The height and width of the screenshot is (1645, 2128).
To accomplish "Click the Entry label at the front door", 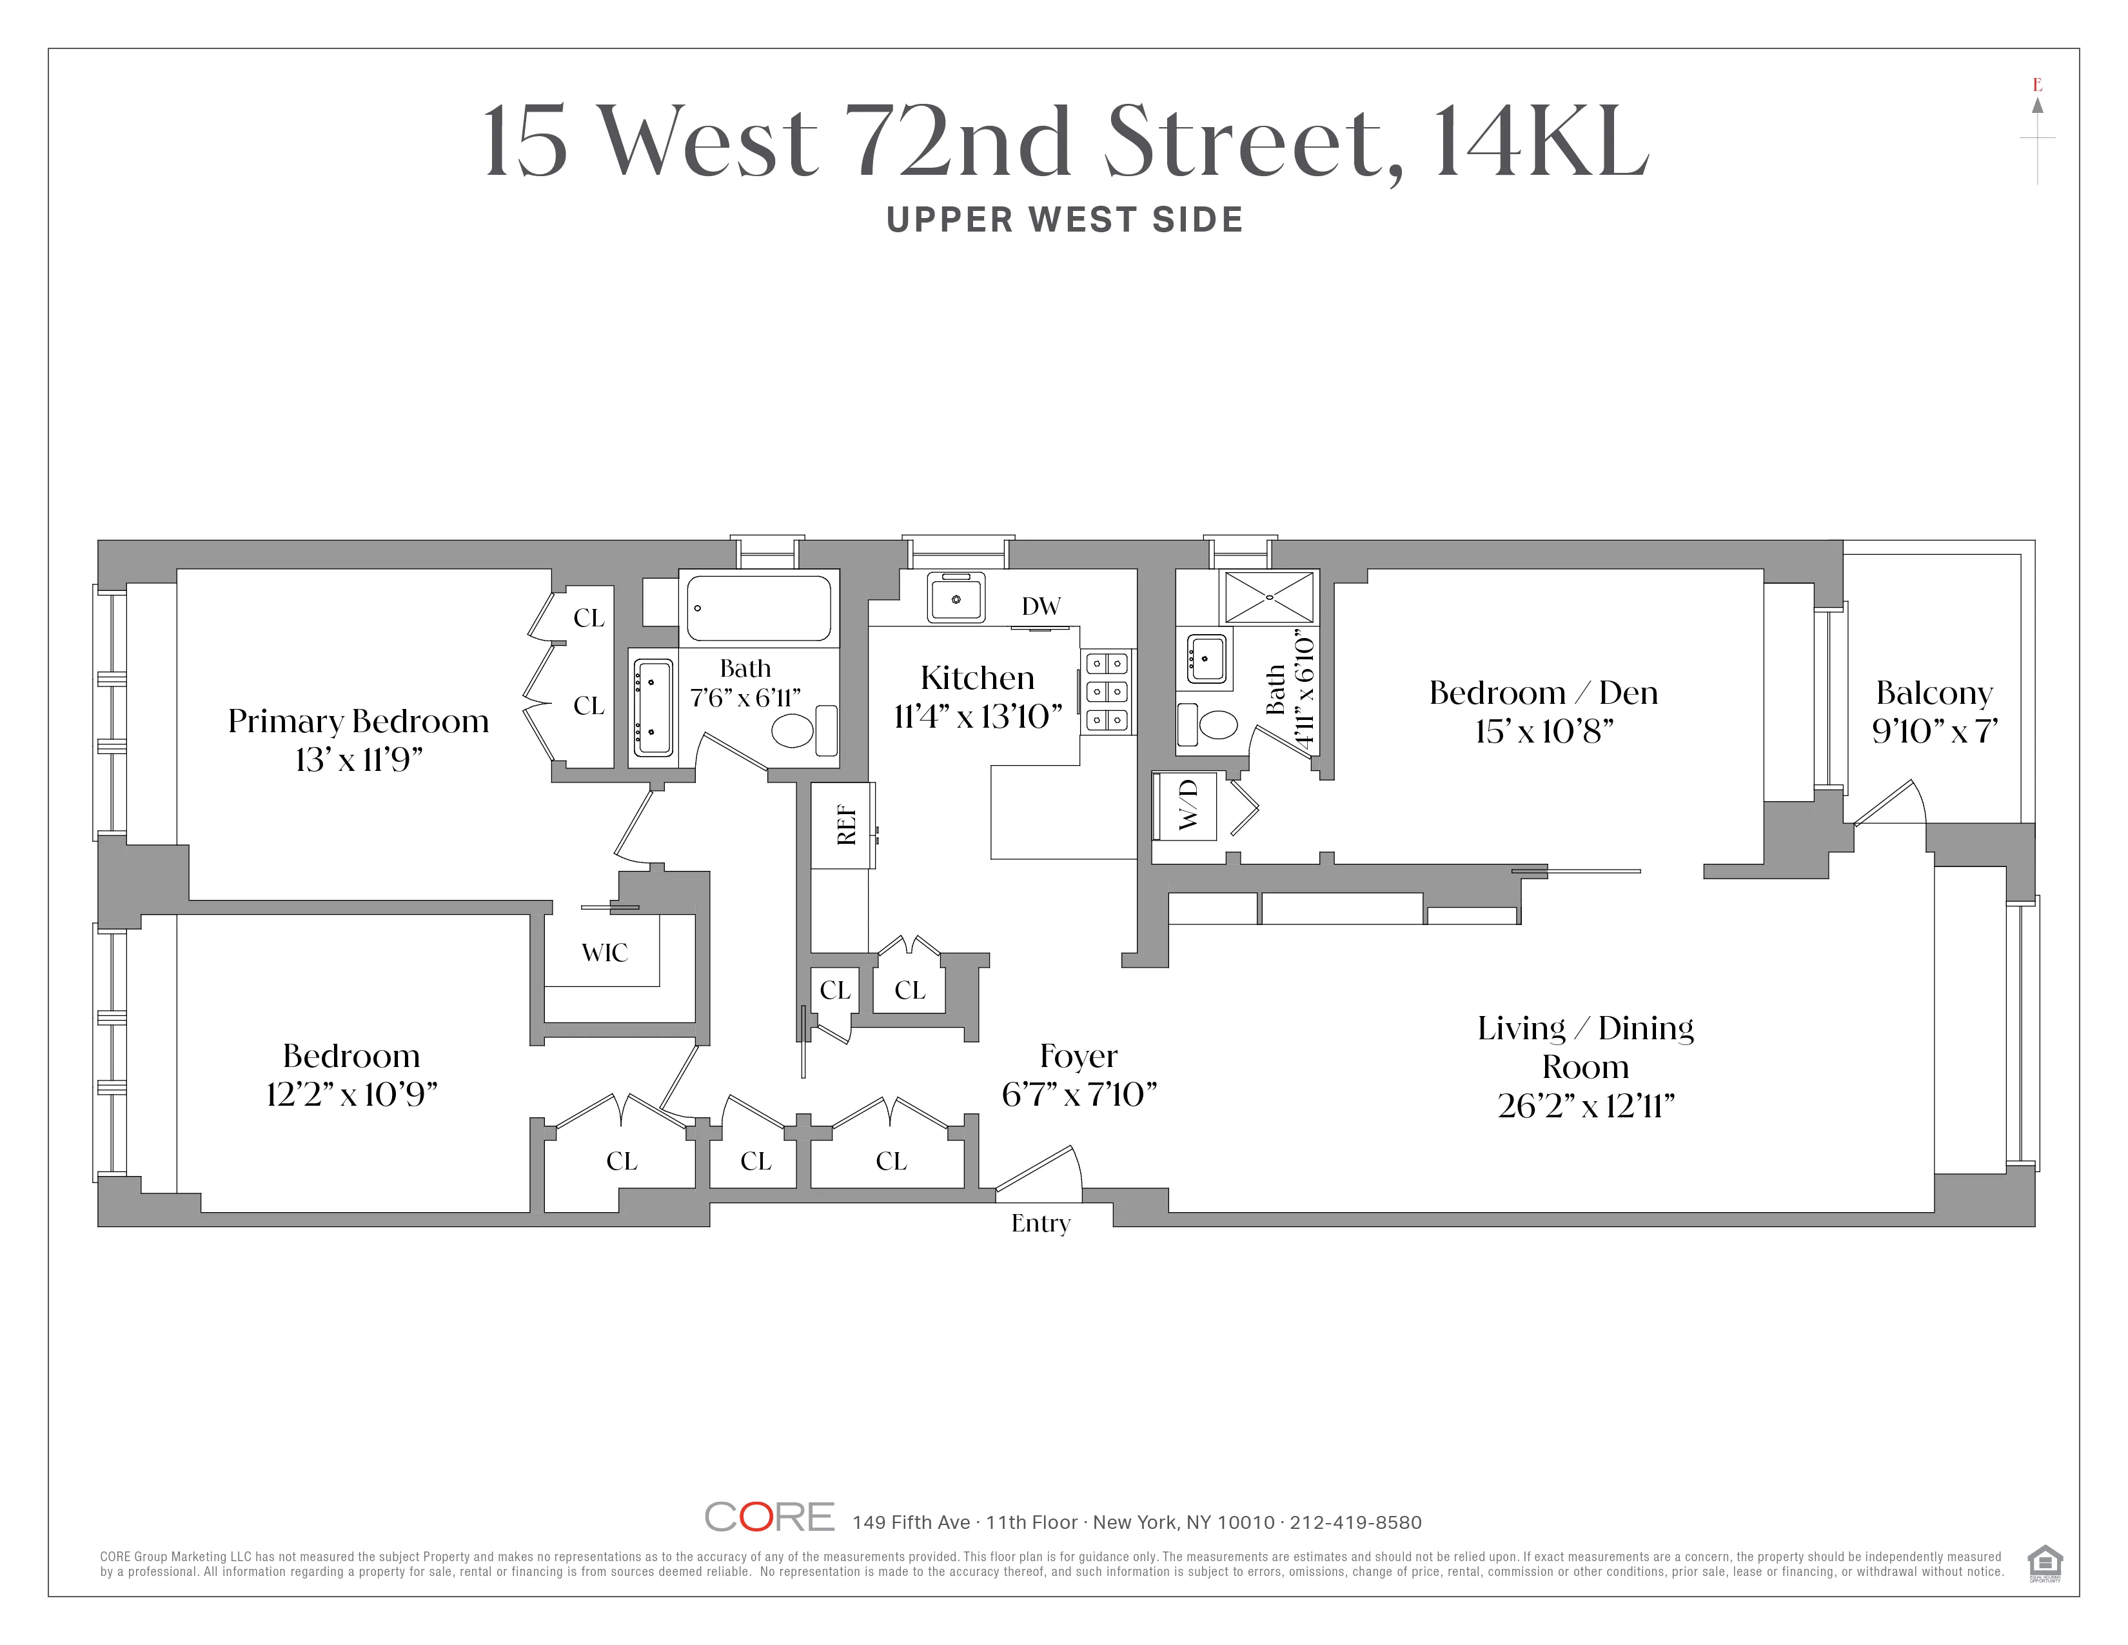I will tap(1039, 1223).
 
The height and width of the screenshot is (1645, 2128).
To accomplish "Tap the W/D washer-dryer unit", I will tap(1185, 806).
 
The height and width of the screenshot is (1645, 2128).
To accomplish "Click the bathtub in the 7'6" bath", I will tap(759, 607).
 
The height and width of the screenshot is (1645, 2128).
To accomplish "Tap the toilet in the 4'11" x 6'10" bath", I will tap(1217, 724).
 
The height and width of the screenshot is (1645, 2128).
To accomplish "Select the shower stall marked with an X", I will tap(1268, 597).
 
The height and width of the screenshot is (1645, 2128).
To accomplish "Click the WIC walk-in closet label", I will tap(604, 952).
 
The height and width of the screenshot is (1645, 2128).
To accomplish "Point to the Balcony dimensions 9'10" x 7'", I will tap(1934, 731).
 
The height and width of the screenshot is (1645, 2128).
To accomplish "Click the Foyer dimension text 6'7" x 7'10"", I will tap(1079, 1094).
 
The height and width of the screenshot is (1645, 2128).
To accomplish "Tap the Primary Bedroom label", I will tap(358, 721).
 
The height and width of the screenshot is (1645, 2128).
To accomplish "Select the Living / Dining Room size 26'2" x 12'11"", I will tap(1585, 1106).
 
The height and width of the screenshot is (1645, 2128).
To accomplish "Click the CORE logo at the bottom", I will tap(769, 1517).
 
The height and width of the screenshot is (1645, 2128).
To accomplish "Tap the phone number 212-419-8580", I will tap(1355, 1522).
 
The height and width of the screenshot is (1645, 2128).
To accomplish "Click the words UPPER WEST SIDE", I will tap(1064, 220).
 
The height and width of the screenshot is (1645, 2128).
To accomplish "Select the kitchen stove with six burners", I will tap(1107, 692).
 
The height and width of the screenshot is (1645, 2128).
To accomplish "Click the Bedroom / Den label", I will tap(1542, 693).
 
